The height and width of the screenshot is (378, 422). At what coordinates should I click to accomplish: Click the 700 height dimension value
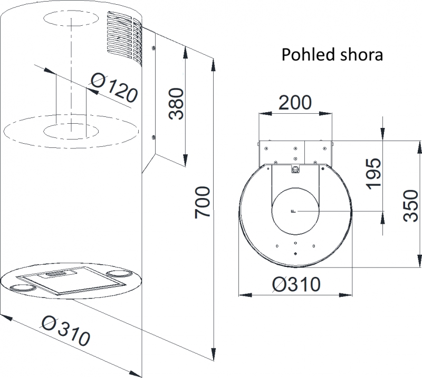pyautogui.click(x=202, y=203)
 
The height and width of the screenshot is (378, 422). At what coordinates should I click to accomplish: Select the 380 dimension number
pyautogui.click(x=176, y=103)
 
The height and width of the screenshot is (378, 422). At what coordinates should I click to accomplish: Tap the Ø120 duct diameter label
pyautogui.click(x=114, y=88)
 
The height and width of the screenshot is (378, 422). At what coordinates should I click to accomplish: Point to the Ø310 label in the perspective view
pyautogui.click(x=65, y=331)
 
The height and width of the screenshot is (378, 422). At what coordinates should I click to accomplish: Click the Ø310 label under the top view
pyautogui.click(x=296, y=284)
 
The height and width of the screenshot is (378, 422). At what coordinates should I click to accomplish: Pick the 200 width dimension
pyautogui.click(x=295, y=102)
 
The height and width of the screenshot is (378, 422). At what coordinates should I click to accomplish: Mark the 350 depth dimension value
pyautogui.click(x=411, y=206)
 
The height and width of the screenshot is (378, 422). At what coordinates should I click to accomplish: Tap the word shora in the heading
pyautogui.click(x=361, y=55)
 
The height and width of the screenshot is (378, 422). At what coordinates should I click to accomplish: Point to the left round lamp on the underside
pyautogui.click(x=23, y=288)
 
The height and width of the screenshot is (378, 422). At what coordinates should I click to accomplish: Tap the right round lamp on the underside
pyautogui.click(x=120, y=274)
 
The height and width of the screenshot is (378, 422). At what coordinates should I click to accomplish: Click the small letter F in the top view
pyautogui.click(x=294, y=211)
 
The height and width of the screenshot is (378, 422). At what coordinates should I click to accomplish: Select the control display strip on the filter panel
pyautogui.click(x=57, y=274)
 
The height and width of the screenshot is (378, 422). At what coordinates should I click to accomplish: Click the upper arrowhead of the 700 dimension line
pyautogui.click(x=214, y=65)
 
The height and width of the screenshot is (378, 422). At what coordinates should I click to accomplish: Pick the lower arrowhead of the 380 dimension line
pyautogui.click(x=185, y=160)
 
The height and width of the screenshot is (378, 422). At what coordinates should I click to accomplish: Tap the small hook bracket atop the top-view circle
pyautogui.click(x=295, y=169)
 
